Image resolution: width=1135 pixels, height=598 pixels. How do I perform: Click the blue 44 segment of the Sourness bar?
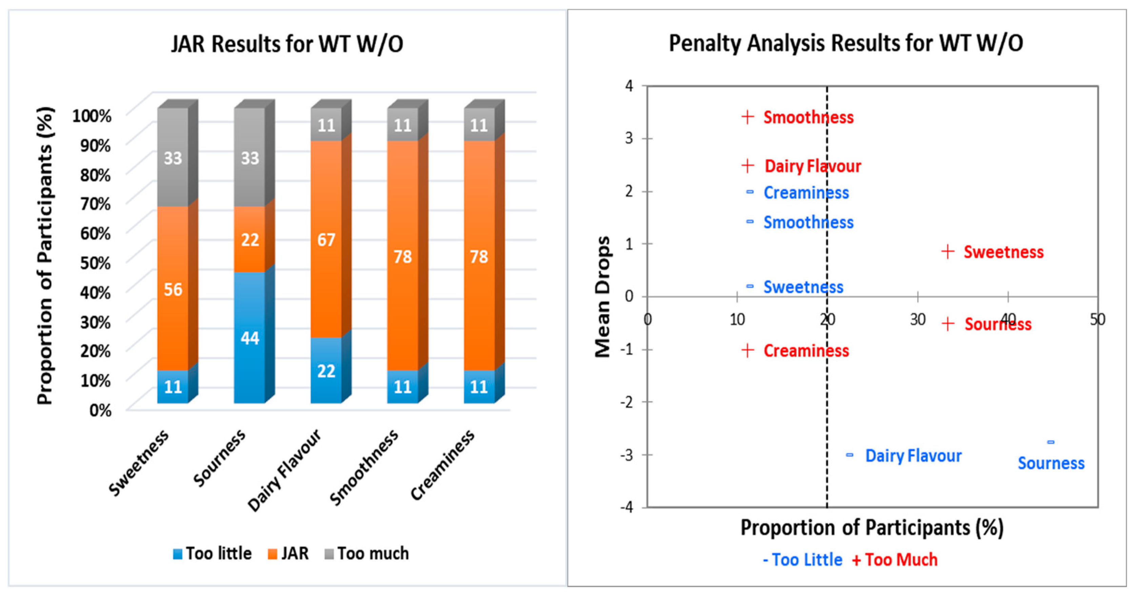[249, 337]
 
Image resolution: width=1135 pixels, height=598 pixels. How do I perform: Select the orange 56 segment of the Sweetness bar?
[173, 289]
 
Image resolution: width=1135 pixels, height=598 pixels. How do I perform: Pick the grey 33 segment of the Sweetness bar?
[173, 157]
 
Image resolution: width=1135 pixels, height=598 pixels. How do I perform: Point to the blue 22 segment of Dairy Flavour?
[326, 371]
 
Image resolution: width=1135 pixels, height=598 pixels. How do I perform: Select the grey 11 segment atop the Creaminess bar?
[479, 125]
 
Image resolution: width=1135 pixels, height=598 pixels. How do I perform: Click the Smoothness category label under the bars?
[364, 467]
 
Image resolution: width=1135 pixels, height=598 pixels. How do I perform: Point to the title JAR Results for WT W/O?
[287, 44]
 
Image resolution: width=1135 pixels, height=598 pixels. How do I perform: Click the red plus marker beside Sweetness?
[948, 252]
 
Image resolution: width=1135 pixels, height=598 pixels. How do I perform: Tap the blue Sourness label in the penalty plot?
[1051, 463]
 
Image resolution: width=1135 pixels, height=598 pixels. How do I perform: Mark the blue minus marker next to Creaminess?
[749, 192]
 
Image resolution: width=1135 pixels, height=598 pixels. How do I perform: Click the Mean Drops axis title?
[602, 296]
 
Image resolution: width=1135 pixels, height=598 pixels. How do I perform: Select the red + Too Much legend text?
[895, 560]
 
